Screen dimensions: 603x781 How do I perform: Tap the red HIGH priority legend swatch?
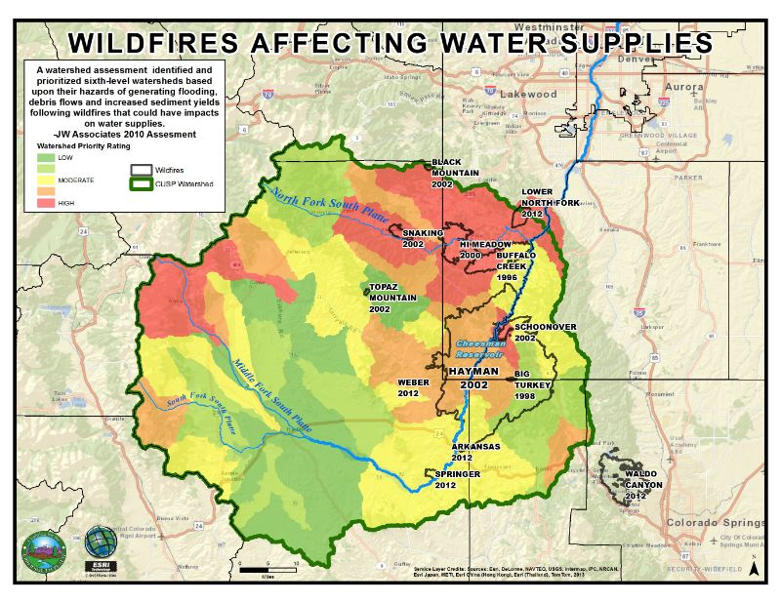click(46, 202)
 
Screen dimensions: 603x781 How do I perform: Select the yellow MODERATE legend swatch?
click(46, 179)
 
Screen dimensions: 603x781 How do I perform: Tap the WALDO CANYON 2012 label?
click(644, 485)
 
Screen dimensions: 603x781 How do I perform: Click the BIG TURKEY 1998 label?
click(535, 379)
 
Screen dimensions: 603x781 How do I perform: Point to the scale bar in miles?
click(268, 568)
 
